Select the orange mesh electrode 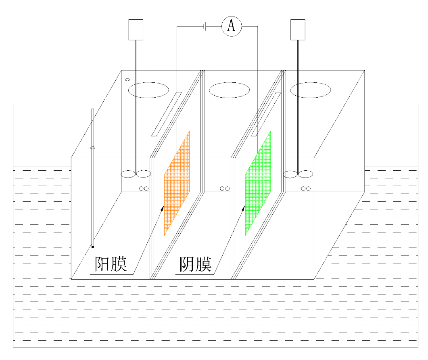pyautogui.click(x=177, y=183)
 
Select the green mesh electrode pyautogui.click(x=258, y=183)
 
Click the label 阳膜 pyautogui.click(x=111, y=264)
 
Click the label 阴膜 pyautogui.click(x=195, y=264)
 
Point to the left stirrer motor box pyautogui.click(x=136, y=30)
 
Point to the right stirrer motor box pyautogui.click(x=298, y=30)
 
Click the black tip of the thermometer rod pyautogui.click(x=93, y=247)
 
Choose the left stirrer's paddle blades pyautogui.click(x=136, y=174)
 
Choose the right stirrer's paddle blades pyautogui.click(x=298, y=174)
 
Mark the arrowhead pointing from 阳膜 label pyautogui.click(x=163, y=208)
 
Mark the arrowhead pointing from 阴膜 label pyautogui.click(x=244, y=208)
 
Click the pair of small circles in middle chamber pyautogui.click(x=225, y=189)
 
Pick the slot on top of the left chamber pyautogui.click(x=167, y=114)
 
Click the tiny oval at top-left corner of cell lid pyautogui.click(x=127, y=80)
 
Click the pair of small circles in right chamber pyautogui.click(x=306, y=189)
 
